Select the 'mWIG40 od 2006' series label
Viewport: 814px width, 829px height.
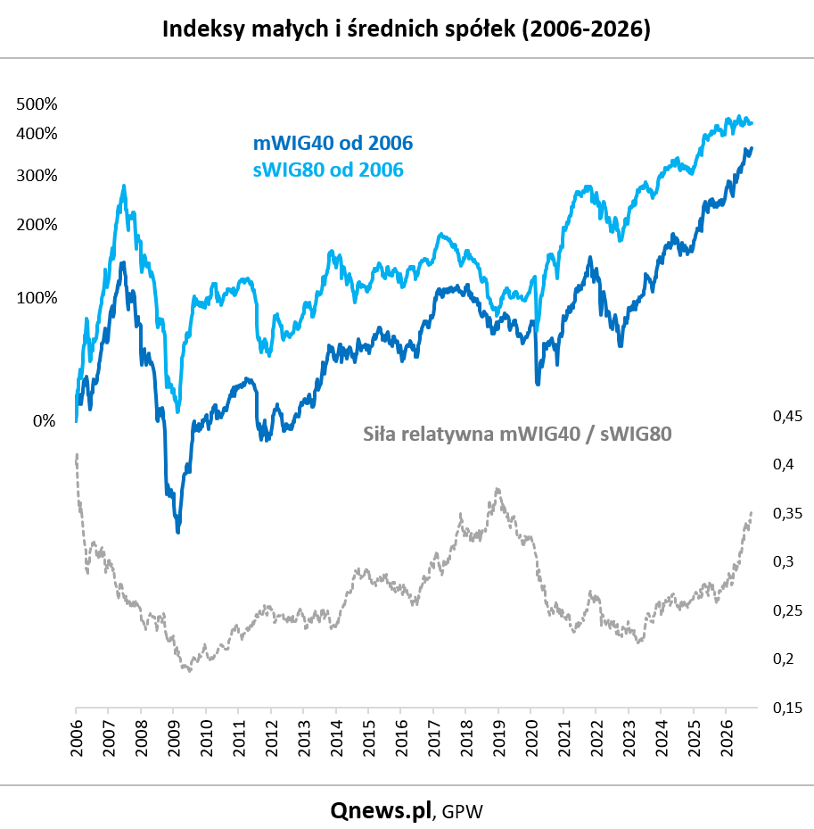point(333,143)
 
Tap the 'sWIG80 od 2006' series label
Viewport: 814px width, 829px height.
point(328,170)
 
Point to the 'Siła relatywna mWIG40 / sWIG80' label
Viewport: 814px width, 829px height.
point(517,434)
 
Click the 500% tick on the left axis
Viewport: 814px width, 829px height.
point(37,104)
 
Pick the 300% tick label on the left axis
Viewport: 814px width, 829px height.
point(37,175)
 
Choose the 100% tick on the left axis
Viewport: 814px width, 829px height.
point(37,298)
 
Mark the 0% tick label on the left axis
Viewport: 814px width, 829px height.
point(44,421)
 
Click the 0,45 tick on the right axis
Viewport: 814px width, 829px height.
point(787,416)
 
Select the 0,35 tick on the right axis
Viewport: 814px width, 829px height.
point(787,513)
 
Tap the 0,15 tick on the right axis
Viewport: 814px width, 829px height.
point(787,708)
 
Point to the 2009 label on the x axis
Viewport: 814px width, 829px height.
point(173,738)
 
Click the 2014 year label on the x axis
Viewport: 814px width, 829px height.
point(336,738)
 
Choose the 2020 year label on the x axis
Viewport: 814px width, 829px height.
point(530,738)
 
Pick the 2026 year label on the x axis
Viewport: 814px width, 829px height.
point(727,738)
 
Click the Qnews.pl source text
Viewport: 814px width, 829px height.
point(381,810)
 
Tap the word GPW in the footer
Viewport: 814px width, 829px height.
point(462,811)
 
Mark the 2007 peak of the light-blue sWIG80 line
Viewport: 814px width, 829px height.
point(124,187)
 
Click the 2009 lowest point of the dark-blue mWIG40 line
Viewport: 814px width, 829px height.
point(178,531)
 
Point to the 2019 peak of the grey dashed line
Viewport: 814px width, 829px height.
point(497,490)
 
